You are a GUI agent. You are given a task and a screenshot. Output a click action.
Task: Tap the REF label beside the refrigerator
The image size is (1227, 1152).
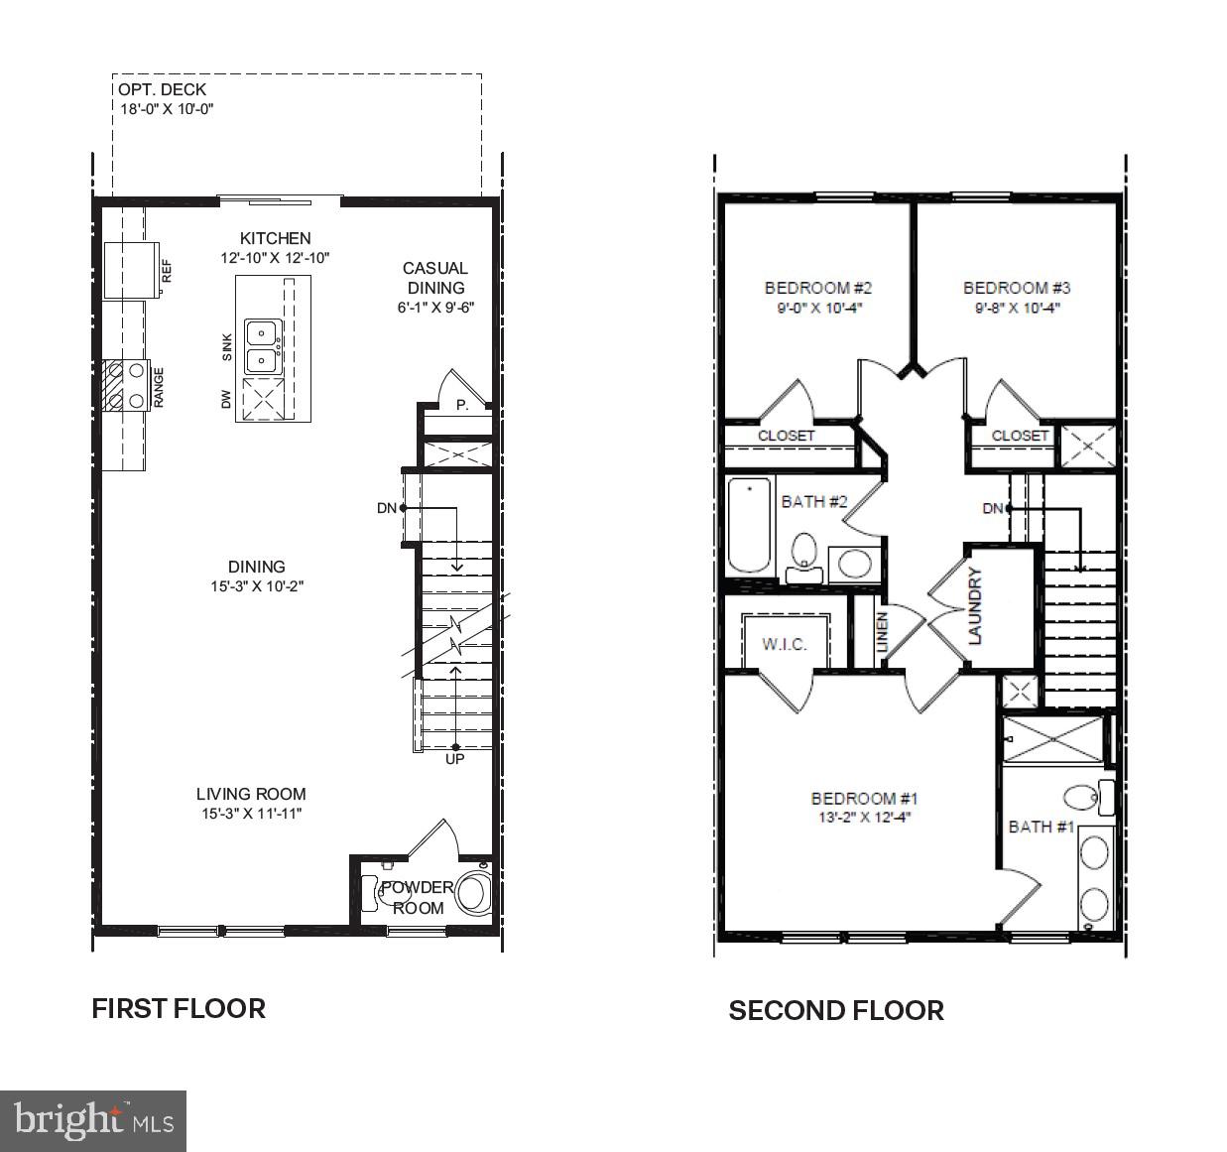click(x=167, y=271)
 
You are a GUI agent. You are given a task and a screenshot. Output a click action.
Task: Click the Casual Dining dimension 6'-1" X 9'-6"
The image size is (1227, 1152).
click(x=435, y=308)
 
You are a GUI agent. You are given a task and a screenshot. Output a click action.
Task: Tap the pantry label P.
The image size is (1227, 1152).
click(x=461, y=405)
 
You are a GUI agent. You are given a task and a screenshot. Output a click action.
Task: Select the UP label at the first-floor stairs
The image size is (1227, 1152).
click(x=455, y=760)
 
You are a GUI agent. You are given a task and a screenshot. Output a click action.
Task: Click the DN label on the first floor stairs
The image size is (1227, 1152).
click(x=386, y=508)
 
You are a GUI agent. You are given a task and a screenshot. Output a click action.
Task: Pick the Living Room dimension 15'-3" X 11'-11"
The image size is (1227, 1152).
click(x=251, y=814)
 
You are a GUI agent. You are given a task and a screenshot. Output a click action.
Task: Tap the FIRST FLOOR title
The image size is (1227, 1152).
click(x=179, y=1009)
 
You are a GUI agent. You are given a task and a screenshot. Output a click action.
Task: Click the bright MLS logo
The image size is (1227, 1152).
click(x=93, y=1120)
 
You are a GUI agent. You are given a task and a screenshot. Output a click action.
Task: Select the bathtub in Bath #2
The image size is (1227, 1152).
click(x=750, y=526)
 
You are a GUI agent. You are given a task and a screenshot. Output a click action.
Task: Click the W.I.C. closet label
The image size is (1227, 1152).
click(x=784, y=644)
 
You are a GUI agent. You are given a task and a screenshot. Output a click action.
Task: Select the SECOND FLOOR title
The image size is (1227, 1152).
click(x=836, y=1011)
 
